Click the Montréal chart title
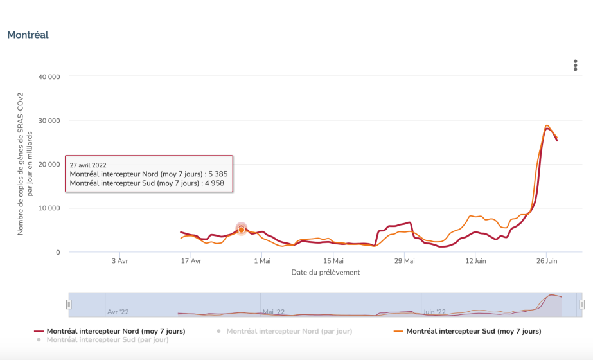click(28, 35)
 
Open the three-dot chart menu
click(575, 66)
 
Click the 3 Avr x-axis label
click(119, 261)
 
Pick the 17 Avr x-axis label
click(191, 261)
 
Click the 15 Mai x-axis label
click(333, 261)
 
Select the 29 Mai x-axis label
click(405, 261)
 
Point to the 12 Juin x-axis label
click(476, 261)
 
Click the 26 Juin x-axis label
click(547, 261)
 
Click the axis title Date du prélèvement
click(326, 272)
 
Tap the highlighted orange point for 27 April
click(242, 230)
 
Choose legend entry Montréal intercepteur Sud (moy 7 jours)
click(474, 331)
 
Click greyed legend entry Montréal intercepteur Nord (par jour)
click(289, 331)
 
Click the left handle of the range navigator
click(69, 304)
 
